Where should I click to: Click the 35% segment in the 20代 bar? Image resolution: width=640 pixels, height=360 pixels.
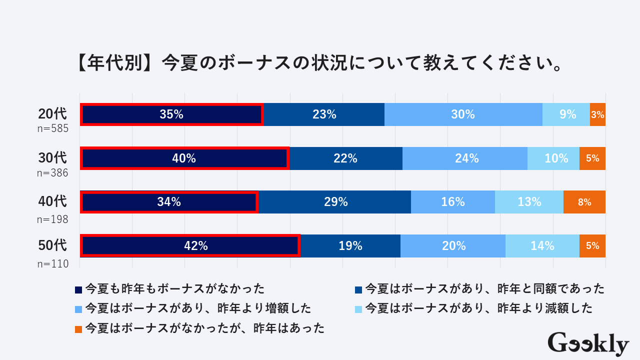(x=171, y=114)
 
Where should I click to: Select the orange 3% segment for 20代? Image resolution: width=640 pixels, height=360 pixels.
(x=597, y=114)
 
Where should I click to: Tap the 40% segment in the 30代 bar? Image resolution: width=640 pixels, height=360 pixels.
(x=184, y=158)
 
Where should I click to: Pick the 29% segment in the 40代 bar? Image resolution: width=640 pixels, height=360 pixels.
(x=335, y=202)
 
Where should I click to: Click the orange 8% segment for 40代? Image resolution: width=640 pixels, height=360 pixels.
(x=584, y=202)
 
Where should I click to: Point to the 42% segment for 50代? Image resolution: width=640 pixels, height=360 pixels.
(x=190, y=246)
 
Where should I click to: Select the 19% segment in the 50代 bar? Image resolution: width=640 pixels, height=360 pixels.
(x=350, y=246)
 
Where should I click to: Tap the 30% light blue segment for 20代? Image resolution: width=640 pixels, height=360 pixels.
(x=463, y=114)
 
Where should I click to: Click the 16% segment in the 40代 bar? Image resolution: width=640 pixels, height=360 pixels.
(x=453, y=202)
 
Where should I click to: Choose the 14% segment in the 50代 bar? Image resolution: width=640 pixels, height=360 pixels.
(x=542, y=246)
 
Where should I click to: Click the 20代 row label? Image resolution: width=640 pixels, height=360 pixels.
(x=52, y=114)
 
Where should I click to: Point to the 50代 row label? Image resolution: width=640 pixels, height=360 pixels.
(x=52, y=245)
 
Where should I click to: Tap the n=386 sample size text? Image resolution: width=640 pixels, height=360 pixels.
(x=52, y=173)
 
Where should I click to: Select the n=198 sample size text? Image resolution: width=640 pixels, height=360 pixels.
(x=52, y=219)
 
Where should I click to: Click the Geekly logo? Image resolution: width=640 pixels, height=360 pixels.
(x=588, y=343)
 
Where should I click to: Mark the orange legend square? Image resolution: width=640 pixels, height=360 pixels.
(x=78, y=329)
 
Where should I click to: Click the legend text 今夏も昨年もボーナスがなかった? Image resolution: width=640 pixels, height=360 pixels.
(x=175, y=288)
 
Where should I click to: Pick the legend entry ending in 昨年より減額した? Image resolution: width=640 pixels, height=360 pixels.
(x=479, y=308)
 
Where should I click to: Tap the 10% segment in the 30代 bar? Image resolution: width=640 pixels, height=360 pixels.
(x=553, y=158)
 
